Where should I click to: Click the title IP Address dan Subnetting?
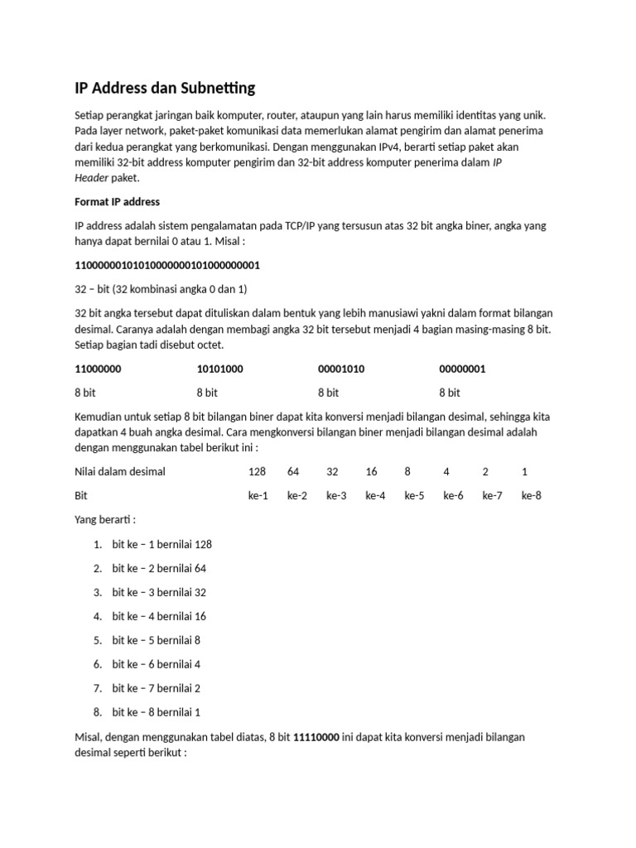coord(165,87)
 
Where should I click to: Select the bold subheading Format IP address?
coord(118,201)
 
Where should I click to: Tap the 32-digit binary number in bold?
coord(167,265)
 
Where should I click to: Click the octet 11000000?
coord(99,369)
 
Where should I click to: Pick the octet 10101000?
coord(219,369)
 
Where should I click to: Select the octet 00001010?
coord(341,369)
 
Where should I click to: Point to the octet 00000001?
coord(462,369)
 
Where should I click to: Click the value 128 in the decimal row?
coord(258,472)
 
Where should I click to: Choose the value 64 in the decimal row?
coord(293,472)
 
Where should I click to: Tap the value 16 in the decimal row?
coord(371,472)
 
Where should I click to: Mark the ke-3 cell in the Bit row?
coord(336,496)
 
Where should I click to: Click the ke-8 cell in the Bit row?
coord(532,496)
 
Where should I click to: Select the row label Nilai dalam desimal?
coord(120,472)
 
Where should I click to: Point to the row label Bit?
coord(81,496)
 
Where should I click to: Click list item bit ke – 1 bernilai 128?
coord(162,544)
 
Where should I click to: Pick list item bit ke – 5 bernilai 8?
coord(157,640)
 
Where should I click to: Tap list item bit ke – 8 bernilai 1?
coord(157,712)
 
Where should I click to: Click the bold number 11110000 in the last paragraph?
coord(316,737)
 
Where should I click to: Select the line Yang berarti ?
coord(105,520)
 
